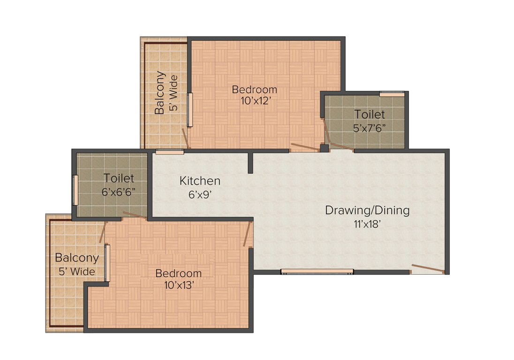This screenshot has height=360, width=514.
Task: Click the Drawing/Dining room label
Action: [367, 210]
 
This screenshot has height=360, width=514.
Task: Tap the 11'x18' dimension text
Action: [367, 224]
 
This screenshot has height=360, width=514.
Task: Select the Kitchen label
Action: [200, 180]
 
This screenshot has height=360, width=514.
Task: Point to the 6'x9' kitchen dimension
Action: [200, 194]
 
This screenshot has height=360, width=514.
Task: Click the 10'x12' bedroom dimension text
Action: [255, 101]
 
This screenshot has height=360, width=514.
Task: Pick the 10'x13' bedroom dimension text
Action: [179, 285]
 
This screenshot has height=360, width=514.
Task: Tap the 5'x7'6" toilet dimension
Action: [370, 127]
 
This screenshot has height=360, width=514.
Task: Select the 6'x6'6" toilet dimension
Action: [119, 191]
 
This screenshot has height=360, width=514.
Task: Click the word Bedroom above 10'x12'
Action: [255, 89]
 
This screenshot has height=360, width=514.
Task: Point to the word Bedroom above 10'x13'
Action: [179, 273]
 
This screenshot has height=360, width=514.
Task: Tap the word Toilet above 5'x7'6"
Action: [370, 114]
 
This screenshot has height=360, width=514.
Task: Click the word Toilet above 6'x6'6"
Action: [119, 179]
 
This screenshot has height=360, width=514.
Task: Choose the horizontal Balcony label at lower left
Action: [77, 258]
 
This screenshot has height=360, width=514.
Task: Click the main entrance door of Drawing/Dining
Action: [427, 270]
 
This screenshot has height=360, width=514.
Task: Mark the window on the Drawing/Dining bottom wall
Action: [317, 271]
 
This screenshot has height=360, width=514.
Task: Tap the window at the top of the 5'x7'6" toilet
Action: [392, 94]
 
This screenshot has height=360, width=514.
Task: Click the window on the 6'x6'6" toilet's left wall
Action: [75, 190]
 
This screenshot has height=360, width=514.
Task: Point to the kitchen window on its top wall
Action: [170, 151]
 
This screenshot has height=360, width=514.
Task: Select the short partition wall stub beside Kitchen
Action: [250, 162]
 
